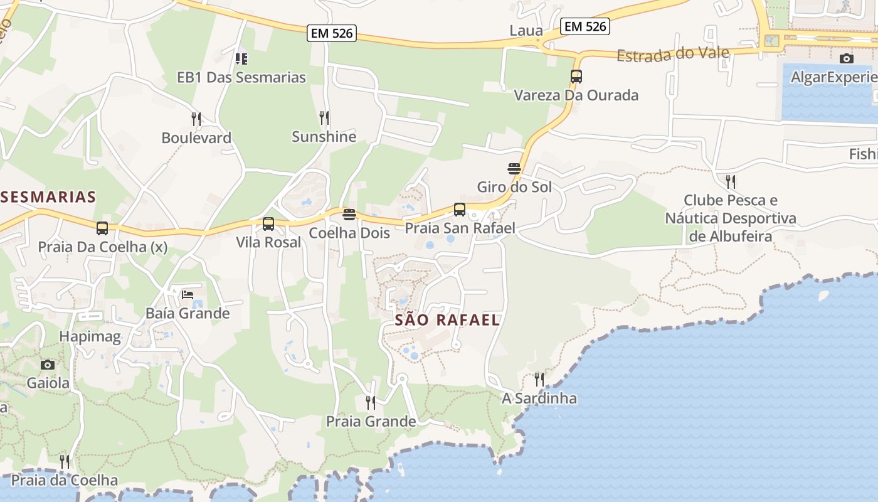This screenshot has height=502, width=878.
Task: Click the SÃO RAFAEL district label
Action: pos(447,320)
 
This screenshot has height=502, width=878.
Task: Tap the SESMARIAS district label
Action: pos(48,197)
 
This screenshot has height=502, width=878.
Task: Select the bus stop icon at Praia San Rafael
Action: pos(460,210)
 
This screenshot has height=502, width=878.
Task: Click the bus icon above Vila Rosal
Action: pos(268,224)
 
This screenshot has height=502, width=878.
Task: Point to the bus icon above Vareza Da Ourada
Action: pos(576,77)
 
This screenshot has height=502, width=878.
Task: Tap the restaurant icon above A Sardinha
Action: pos(539,379)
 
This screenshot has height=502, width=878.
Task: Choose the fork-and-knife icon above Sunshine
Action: pos(324,117)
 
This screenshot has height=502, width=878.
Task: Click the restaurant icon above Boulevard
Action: pos(196,119)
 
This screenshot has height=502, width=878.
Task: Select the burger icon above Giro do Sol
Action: pos(514,168)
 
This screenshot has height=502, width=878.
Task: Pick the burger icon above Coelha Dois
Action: pos(349,215)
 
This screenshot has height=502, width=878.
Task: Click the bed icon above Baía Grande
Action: pos(188,294)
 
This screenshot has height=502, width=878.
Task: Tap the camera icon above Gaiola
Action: pos(48,365)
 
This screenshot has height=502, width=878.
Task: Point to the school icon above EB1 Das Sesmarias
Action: pos(241,59)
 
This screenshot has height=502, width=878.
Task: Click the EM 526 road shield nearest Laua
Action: pos(586,26)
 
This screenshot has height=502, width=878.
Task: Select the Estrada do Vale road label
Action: pos(673,54)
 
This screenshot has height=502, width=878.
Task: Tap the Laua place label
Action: pos(526,30)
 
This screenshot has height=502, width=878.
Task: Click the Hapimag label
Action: pos(90,336)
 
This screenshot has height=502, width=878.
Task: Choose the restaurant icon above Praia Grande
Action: pos(371,402)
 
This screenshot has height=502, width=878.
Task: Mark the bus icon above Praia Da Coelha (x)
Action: pos(102,228)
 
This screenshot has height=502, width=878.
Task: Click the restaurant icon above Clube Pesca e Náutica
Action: pos(730,182)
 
